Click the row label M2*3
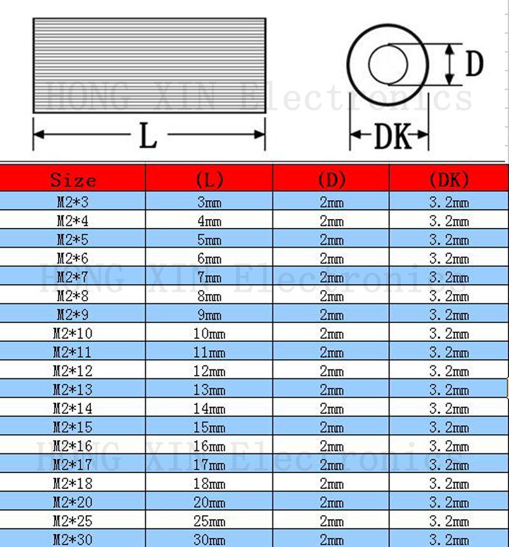tap(73, 203)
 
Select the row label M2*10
tap(73, 334)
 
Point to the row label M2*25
tap(73, 522)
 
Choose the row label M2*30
tap(73, 540)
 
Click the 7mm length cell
tap(209, 278)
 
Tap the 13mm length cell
tap(209, 390)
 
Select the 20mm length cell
tap(209, 502)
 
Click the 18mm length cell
tap(209, 484)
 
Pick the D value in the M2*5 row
tap(331, 240)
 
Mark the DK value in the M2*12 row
tap(449, 371)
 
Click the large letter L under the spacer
tap(148, 136)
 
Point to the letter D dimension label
tap(475, 64)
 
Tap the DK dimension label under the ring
tap(393, 136)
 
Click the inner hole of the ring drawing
tap(387, 64)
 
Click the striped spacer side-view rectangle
tap(149, 66)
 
